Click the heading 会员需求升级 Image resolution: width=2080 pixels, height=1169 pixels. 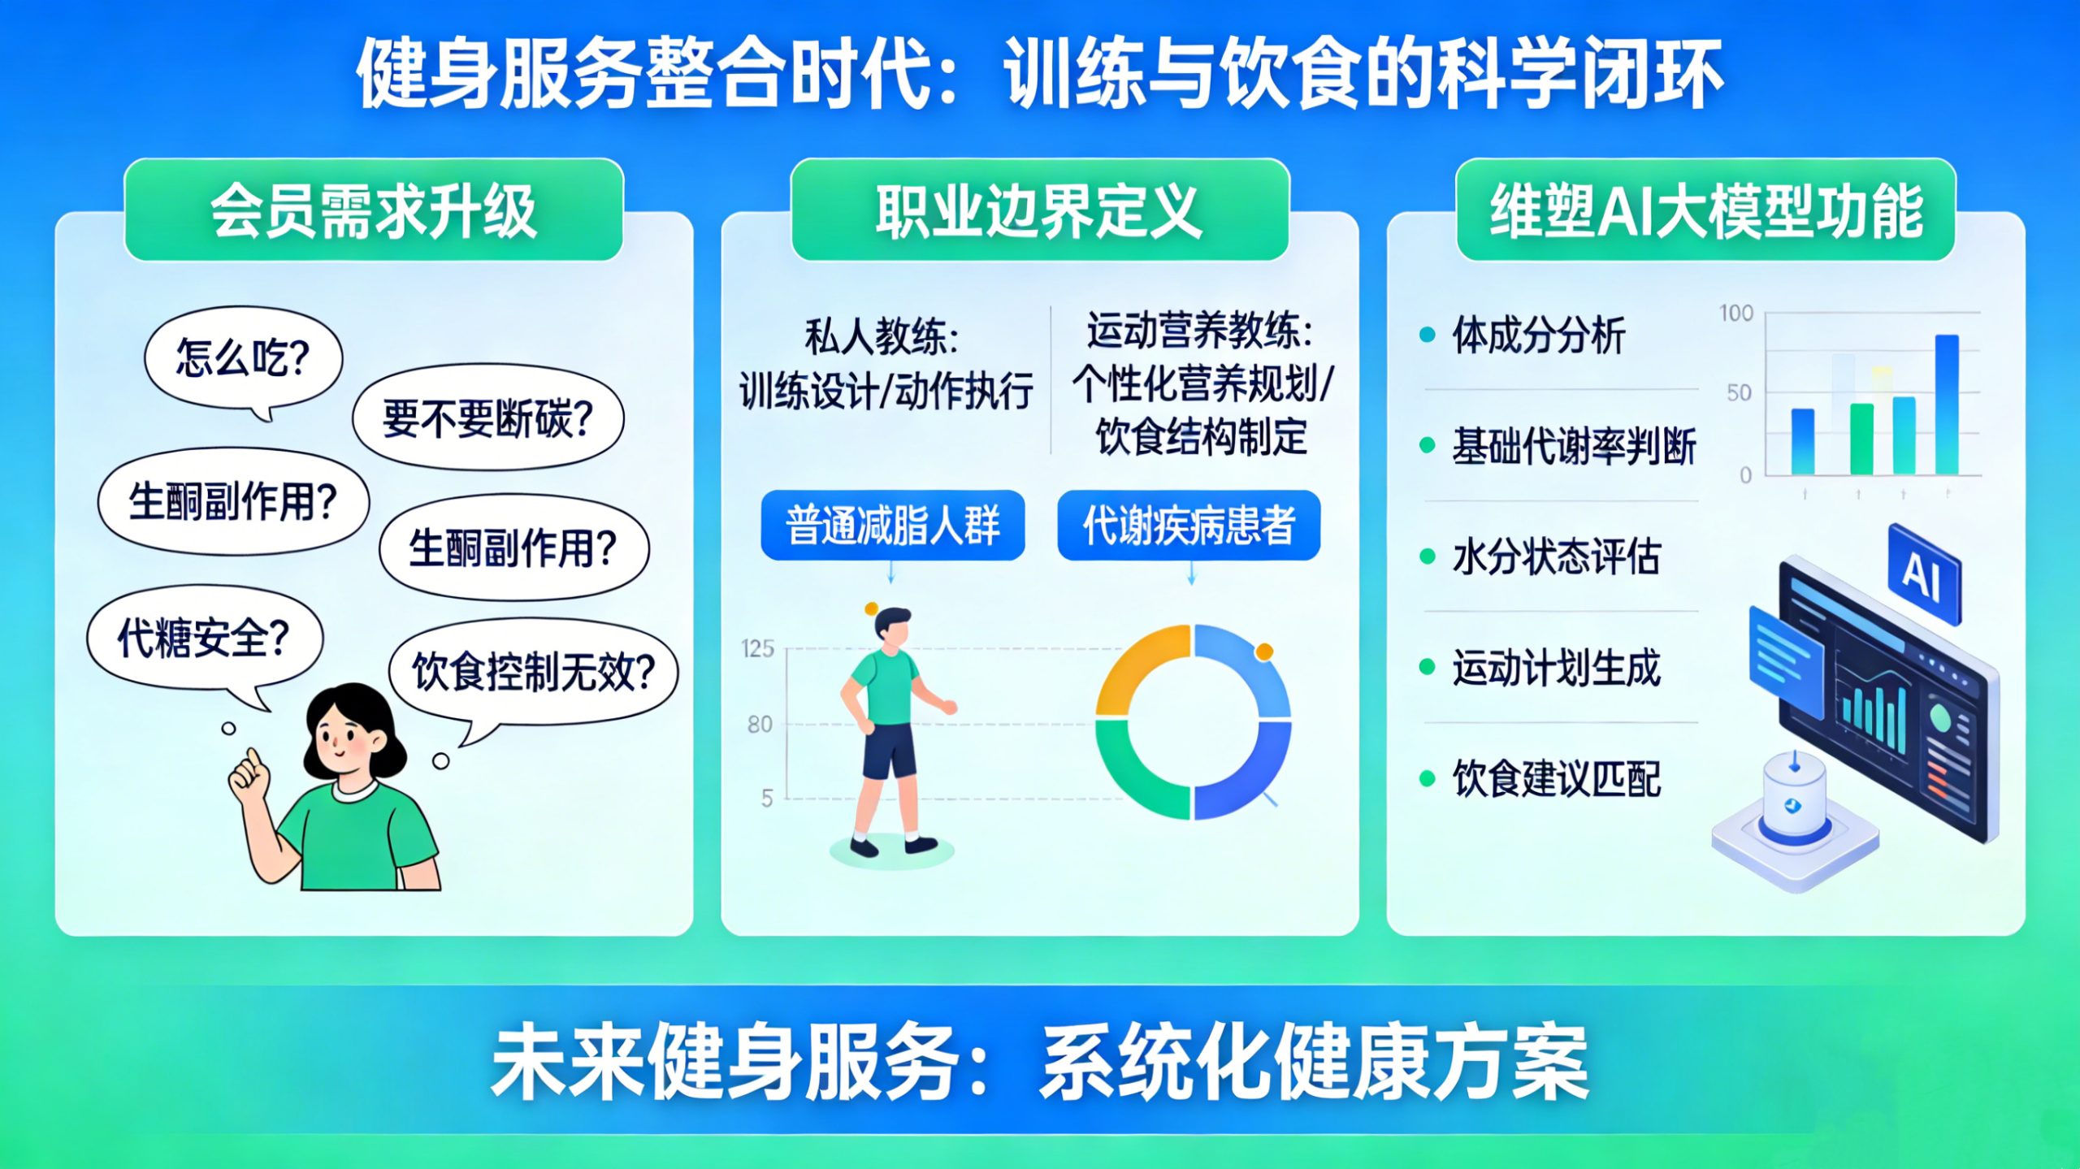[374, 210]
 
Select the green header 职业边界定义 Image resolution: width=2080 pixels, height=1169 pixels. [1039, 210]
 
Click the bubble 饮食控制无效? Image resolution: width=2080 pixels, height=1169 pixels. [534, 673]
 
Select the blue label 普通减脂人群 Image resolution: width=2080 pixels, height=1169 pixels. [892, 525]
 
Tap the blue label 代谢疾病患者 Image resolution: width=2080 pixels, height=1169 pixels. [1189, 525]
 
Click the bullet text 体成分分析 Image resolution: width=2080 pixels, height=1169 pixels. [1538, 335]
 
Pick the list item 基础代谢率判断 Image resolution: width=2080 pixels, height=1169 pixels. [1574, 446]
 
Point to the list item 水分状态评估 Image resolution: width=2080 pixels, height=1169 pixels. [1556, 557]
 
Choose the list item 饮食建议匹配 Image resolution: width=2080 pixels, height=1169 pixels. [1556, 779]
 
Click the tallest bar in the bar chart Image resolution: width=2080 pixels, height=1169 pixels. [1947, 404]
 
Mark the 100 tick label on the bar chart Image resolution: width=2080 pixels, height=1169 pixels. [1735, 314]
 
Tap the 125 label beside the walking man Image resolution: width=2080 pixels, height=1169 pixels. [757, 648]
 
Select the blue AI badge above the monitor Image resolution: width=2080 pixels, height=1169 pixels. [1924, 574]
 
